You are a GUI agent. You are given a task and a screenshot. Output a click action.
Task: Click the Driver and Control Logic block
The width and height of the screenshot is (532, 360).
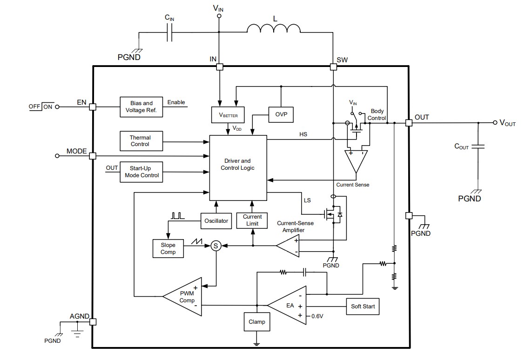tap(238, 167)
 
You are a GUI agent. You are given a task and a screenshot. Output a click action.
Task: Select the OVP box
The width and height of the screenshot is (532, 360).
tap(281, 113)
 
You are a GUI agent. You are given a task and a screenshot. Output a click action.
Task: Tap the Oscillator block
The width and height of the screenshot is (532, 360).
tap(216, 220)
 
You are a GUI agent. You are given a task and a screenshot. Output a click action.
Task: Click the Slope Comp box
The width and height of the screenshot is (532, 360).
tap(168, 248)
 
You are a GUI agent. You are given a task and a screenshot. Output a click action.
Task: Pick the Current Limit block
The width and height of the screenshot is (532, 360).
tap(252, 220)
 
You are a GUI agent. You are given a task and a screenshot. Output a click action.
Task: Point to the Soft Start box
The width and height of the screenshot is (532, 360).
tap(363, 307)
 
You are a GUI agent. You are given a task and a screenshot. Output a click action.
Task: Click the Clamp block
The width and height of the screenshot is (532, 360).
tap(256, 322)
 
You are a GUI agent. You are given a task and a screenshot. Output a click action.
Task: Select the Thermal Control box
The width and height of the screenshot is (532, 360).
tap(140, 141)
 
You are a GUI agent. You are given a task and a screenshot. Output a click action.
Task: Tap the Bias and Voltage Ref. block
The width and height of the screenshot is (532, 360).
tap(141, 107)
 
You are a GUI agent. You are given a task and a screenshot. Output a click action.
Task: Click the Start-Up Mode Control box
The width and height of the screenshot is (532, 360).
tap(141, 172)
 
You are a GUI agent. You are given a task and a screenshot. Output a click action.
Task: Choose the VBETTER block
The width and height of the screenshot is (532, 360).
tap(228, 114)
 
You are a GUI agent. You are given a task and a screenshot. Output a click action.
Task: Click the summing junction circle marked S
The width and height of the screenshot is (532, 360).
tap(215, 246)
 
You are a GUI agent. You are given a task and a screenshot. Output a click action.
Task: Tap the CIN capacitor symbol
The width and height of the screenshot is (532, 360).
tap(170, 33)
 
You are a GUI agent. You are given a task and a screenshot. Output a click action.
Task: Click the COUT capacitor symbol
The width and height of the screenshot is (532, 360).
tap(478, 147)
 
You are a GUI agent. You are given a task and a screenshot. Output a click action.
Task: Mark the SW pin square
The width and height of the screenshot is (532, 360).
tap(333, 67)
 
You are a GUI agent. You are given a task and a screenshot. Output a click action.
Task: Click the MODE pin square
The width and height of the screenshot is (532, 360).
tap(93, 156)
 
